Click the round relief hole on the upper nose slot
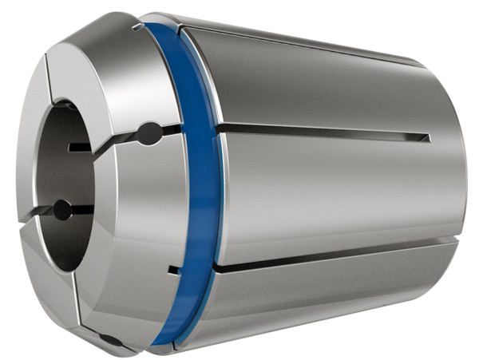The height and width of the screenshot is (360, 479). point(148,133)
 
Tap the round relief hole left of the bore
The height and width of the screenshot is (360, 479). point(61,211)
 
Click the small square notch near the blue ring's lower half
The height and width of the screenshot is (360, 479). point(170,271)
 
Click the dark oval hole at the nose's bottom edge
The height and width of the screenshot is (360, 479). point(113,340)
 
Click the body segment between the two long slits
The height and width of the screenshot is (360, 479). point(335,192)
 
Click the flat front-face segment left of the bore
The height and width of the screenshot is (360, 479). point(32,184)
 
